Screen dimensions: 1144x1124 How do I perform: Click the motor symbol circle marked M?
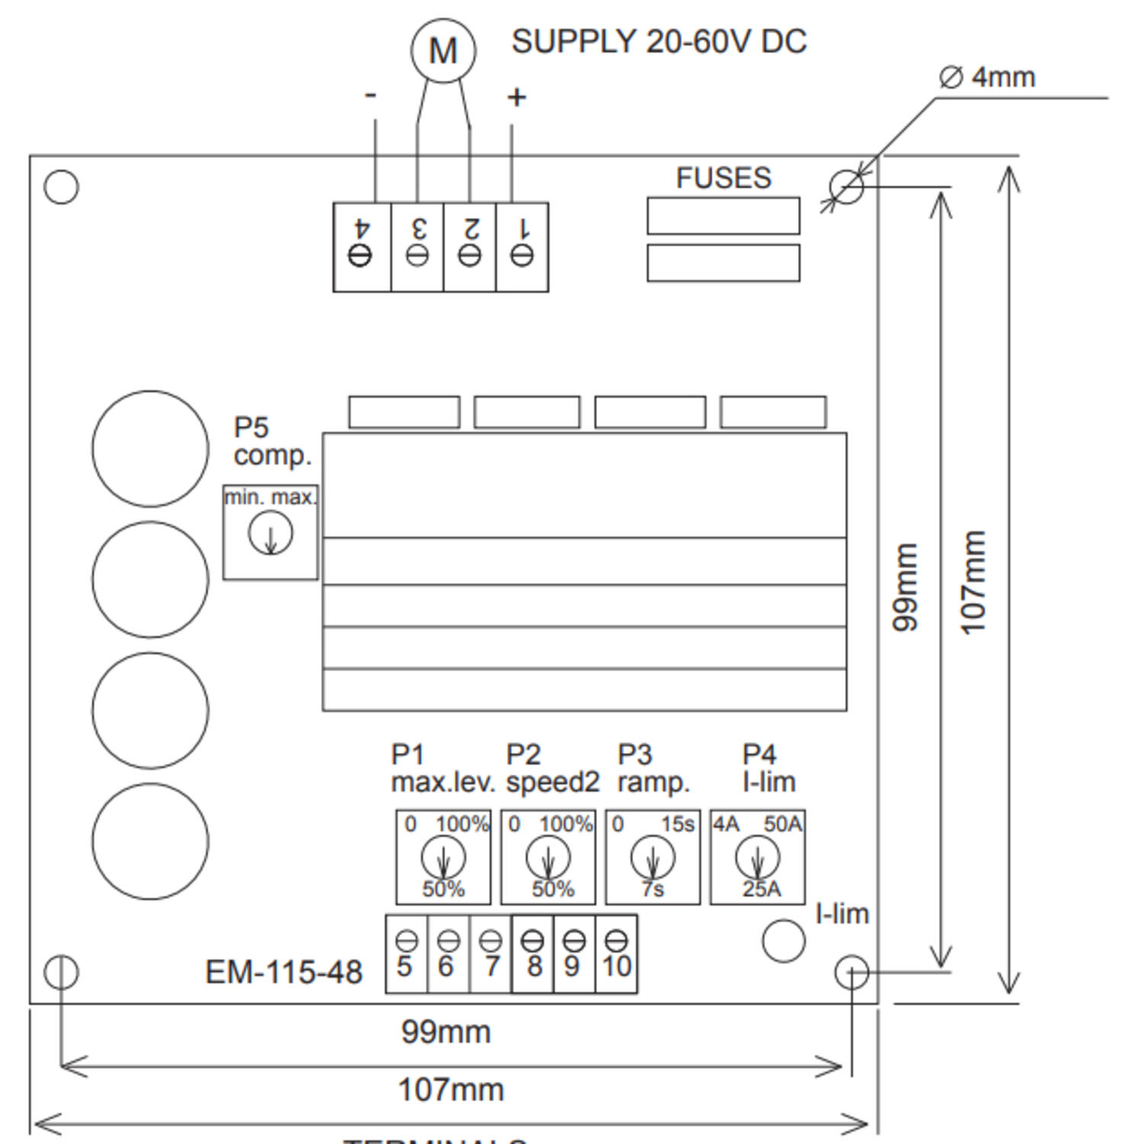pos(443,50)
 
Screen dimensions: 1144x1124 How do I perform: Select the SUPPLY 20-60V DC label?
pos(658,42)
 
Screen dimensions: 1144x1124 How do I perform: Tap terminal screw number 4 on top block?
pos(360,255)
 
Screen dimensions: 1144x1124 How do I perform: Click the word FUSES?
pos(723,178)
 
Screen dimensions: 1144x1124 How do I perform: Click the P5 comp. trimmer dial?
pos(270,532)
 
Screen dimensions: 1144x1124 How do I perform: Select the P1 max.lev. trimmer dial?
pos(443,856)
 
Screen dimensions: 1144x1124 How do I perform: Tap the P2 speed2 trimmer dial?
pos(548,856)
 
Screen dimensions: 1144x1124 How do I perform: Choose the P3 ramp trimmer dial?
pos(653,856)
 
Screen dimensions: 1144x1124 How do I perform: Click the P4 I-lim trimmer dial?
pos(757,856)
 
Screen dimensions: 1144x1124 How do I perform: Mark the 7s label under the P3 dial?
pos(653,889)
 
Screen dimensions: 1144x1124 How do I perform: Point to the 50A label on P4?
pos(783,824)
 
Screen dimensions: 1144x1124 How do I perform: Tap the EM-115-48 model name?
pos(284,972)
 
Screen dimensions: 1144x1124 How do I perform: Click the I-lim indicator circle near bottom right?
pos(783,941)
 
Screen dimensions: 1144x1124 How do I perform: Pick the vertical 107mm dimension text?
pos(974,583)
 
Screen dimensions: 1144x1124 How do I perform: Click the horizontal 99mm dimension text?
pos(446,1032)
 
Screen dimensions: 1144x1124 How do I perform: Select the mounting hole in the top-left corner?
pos(62,187)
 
